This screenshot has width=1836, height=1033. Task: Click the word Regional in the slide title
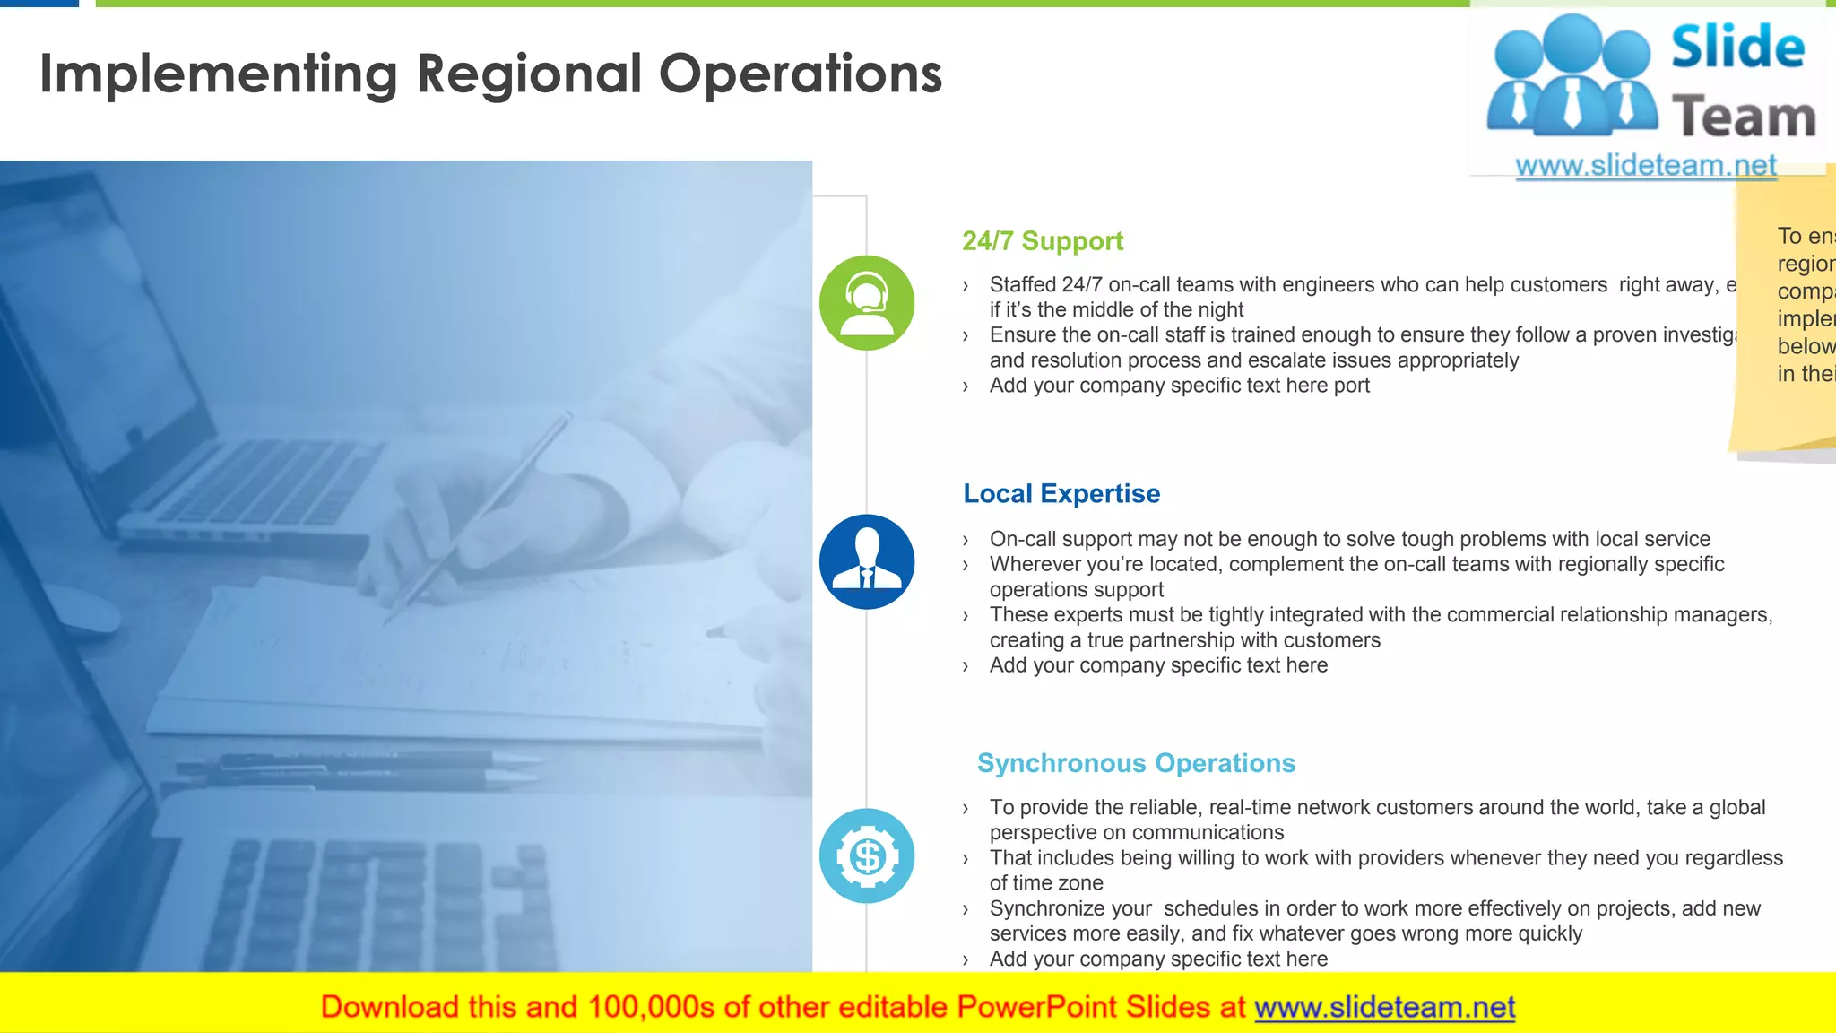[529, 74]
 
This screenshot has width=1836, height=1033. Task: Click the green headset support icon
[867, 303]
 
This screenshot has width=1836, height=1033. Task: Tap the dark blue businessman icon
[867, 562]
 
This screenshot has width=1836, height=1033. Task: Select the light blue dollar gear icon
[867, 856]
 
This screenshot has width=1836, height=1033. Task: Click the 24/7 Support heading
[1043, 241]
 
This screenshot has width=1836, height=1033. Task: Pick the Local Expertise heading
[1061, 494]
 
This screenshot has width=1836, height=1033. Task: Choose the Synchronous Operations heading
[1136, 763]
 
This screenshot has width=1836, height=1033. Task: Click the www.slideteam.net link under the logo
[1646, 166]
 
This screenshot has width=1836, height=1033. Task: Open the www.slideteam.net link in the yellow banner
[1384, 1008]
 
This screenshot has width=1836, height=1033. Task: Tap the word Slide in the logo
[1737, 48]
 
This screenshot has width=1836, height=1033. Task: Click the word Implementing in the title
[219, 74]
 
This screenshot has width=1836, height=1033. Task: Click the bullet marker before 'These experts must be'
[966, 616]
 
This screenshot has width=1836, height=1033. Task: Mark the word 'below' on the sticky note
[1806, 346]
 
